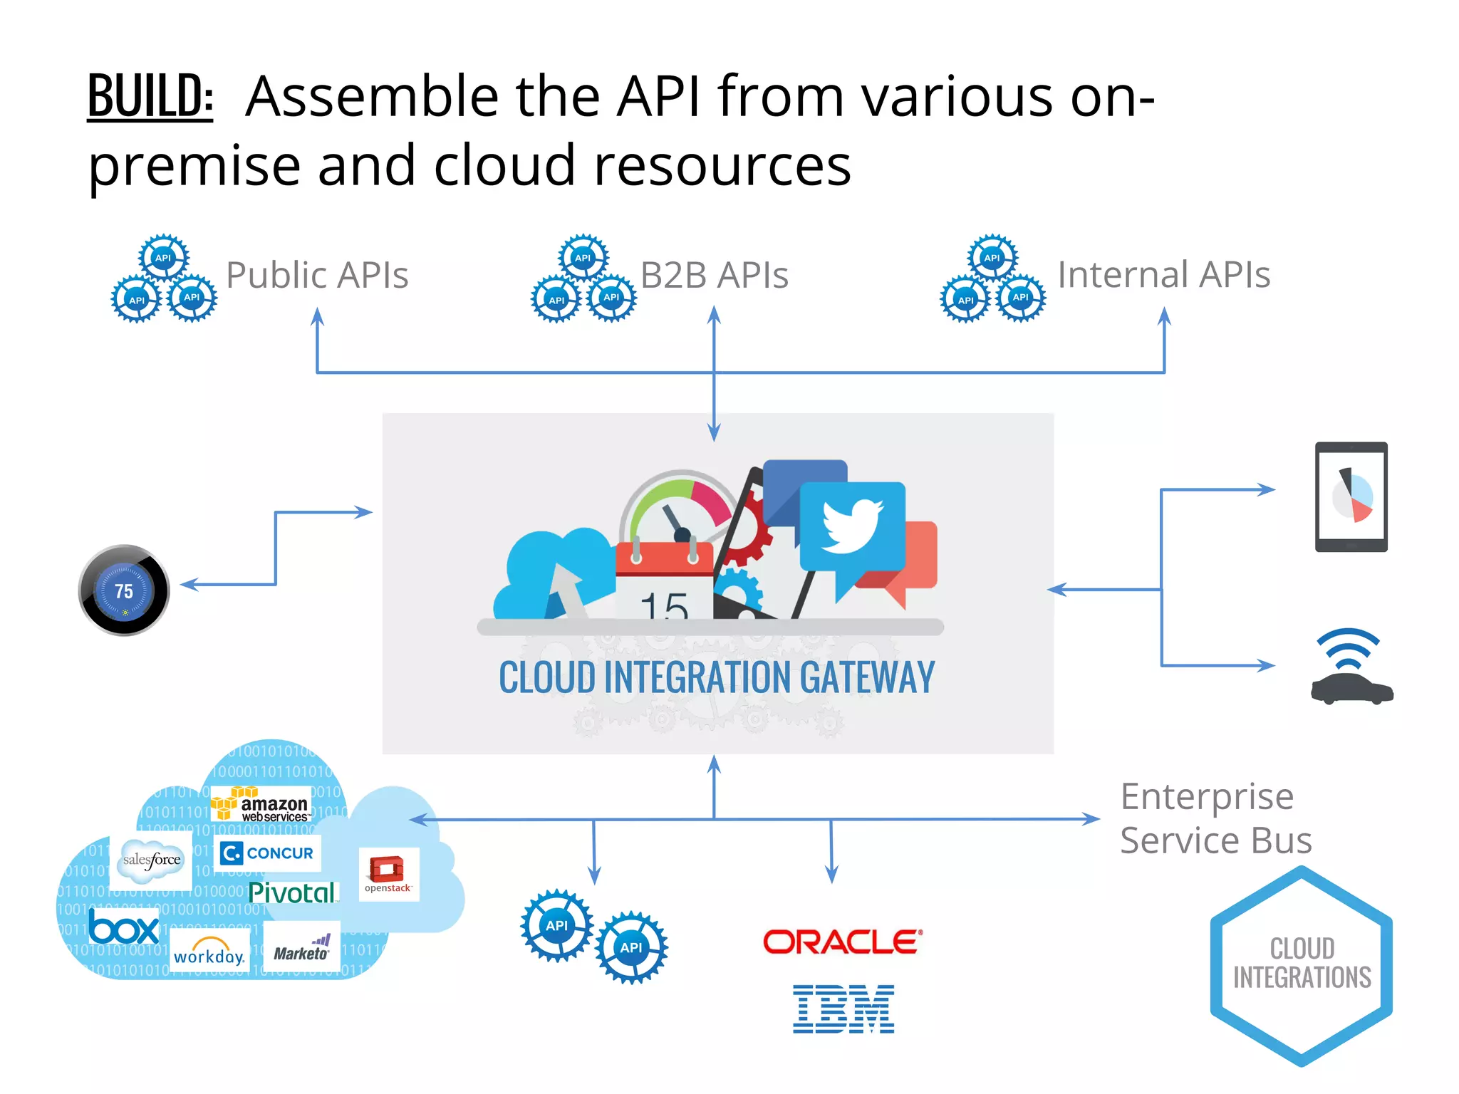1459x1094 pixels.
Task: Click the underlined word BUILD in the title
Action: tap(150, 95)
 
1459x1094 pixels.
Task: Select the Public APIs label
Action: tap(317, 275)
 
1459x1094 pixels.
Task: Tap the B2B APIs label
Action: tap(714, 275)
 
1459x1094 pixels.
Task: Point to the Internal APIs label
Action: tap(1163, 275)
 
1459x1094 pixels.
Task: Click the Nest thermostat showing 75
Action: tap(124, 590)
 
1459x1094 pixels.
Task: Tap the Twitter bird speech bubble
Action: tap(852, 527)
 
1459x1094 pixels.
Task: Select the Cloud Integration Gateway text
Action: tap(717, 677)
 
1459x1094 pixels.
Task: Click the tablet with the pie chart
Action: tap(1351, 497)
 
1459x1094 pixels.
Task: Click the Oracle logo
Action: tap(843, 942)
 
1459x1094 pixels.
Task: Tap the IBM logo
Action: tap(843, 1009)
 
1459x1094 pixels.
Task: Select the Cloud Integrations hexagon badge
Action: tap(1302, 964)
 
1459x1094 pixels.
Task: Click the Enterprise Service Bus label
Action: tap(1215, 818)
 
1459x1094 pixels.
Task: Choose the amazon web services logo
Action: tap(261, 805)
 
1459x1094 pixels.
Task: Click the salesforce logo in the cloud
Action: tap(151, 860)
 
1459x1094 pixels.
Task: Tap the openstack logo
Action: tap(388, 875)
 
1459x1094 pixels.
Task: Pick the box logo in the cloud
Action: tap(124, 928)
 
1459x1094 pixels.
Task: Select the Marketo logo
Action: tap(302, 949)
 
